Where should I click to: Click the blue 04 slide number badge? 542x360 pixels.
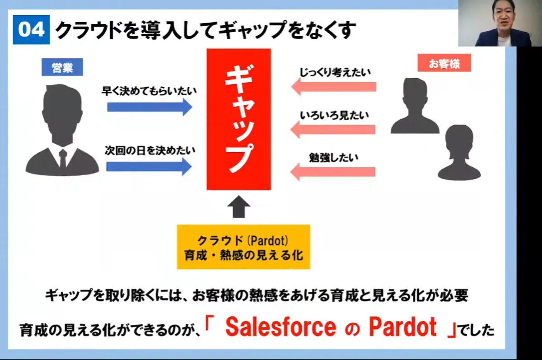point(31,30)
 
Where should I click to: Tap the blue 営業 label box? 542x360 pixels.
point(62,67)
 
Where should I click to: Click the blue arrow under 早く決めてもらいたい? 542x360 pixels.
point(150,107)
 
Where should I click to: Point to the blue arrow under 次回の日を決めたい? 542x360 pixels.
point(149,167)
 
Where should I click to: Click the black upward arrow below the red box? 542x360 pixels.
point(238,206)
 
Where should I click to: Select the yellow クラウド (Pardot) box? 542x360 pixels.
point(243,247)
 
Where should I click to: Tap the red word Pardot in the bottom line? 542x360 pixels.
point(403,327)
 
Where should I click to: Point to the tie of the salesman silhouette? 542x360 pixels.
point(63,158)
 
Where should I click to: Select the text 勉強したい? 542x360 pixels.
point(334,158)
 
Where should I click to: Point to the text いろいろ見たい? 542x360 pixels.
point(334,115)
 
